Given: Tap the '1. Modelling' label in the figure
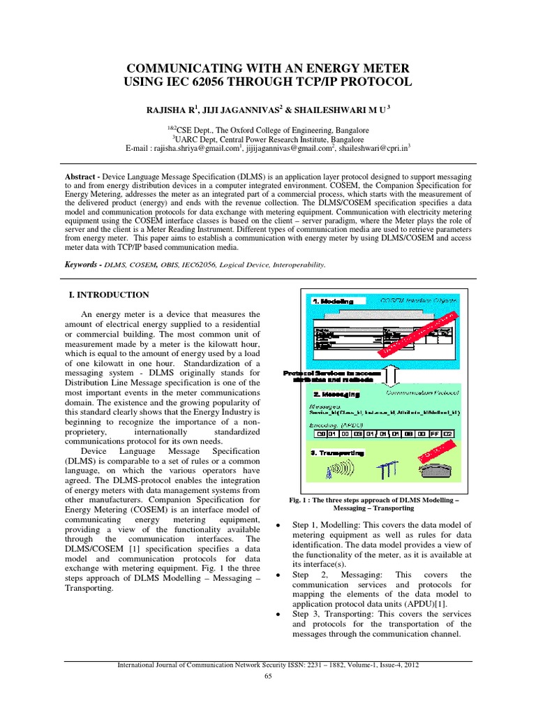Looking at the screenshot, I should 333,301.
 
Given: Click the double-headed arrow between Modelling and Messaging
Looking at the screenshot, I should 392,376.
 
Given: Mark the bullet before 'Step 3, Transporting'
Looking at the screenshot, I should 279,614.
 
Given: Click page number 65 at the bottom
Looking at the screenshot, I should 268,676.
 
